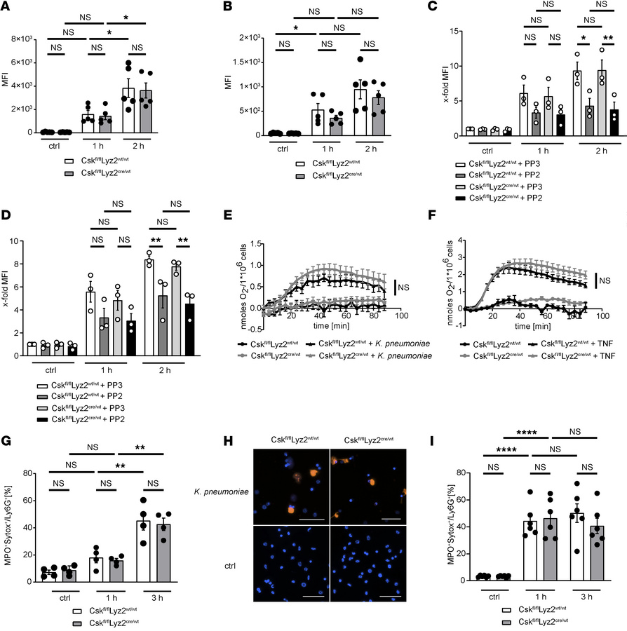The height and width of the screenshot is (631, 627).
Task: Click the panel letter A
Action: click(x=8, y=8)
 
